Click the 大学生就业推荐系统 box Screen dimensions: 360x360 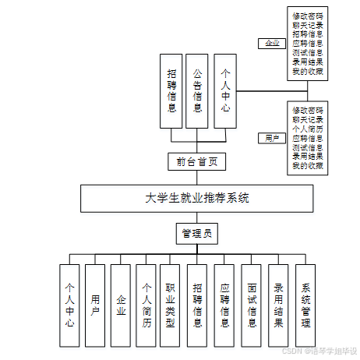click(x=197, y=198)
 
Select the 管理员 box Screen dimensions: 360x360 click(x=197, y=233)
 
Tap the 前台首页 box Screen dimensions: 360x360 click(x=197, y=162)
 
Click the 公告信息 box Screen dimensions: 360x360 click(x=198, y=90)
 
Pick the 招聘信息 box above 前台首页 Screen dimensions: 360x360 click(x=171, y=90)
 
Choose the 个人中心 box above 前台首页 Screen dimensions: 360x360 click(x=225, y=90)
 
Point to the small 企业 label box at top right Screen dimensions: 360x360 click(x=272, y=44)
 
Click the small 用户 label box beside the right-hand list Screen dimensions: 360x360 click(x=272, y=138)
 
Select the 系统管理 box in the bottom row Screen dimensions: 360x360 click(x=306, y=305)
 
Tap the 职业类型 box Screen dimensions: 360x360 click(x=171, y=305)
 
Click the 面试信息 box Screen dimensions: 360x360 click(x=252, y=305)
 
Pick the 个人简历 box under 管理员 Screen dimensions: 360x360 click(x=146, y=305)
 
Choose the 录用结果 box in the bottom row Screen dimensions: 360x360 click(x=278, y=305)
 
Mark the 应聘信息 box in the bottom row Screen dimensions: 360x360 click(x=224, y=305)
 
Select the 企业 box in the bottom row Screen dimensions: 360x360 click(x=120, y=305)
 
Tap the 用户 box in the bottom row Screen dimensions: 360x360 click(x=94, y=305)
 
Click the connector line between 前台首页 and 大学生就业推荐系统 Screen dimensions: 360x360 click(x=197, y=178)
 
